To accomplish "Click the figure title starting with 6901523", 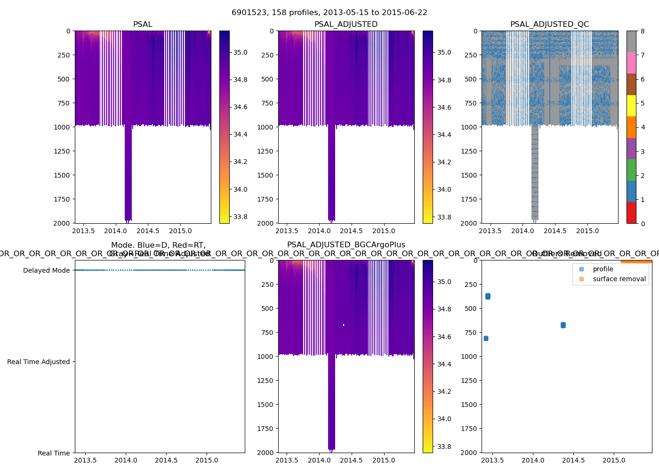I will pos(329,12).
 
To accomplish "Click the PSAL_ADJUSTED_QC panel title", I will pos(549,24).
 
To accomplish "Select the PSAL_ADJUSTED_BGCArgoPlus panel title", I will pos(346,244).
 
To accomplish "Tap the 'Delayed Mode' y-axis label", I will pos(46,270).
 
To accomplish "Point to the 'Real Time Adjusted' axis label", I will pos(38,362).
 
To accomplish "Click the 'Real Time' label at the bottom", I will pos(54,453).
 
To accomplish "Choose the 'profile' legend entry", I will pos(603,269).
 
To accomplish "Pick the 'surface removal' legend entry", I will pos(619,279).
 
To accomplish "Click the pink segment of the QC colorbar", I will pos(631,63).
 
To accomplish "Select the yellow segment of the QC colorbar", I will pos(631,106).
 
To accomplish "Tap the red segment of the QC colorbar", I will pos(631,212).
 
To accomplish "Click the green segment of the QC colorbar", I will pos(631,170).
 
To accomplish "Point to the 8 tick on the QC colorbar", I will pos(643,31).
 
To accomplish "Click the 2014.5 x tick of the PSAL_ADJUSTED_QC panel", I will pos(555,231).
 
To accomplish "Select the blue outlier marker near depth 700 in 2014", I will pos(563,325).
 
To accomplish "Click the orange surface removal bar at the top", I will pos(636,261).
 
